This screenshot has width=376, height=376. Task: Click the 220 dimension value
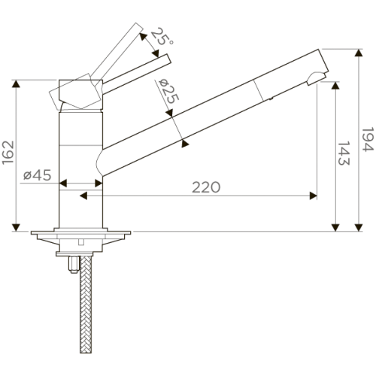click(206, 187)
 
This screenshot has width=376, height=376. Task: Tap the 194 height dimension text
click(368, 139)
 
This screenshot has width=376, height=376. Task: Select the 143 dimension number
click(344, 153)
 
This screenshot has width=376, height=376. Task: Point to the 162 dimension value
click(8, 153)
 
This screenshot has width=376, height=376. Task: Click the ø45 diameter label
click(38, 175)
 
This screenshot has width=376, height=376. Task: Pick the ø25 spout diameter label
click(168, 91)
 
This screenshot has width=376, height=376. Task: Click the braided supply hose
click(86, 304)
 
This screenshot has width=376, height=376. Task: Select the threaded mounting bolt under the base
click(73, 265)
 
